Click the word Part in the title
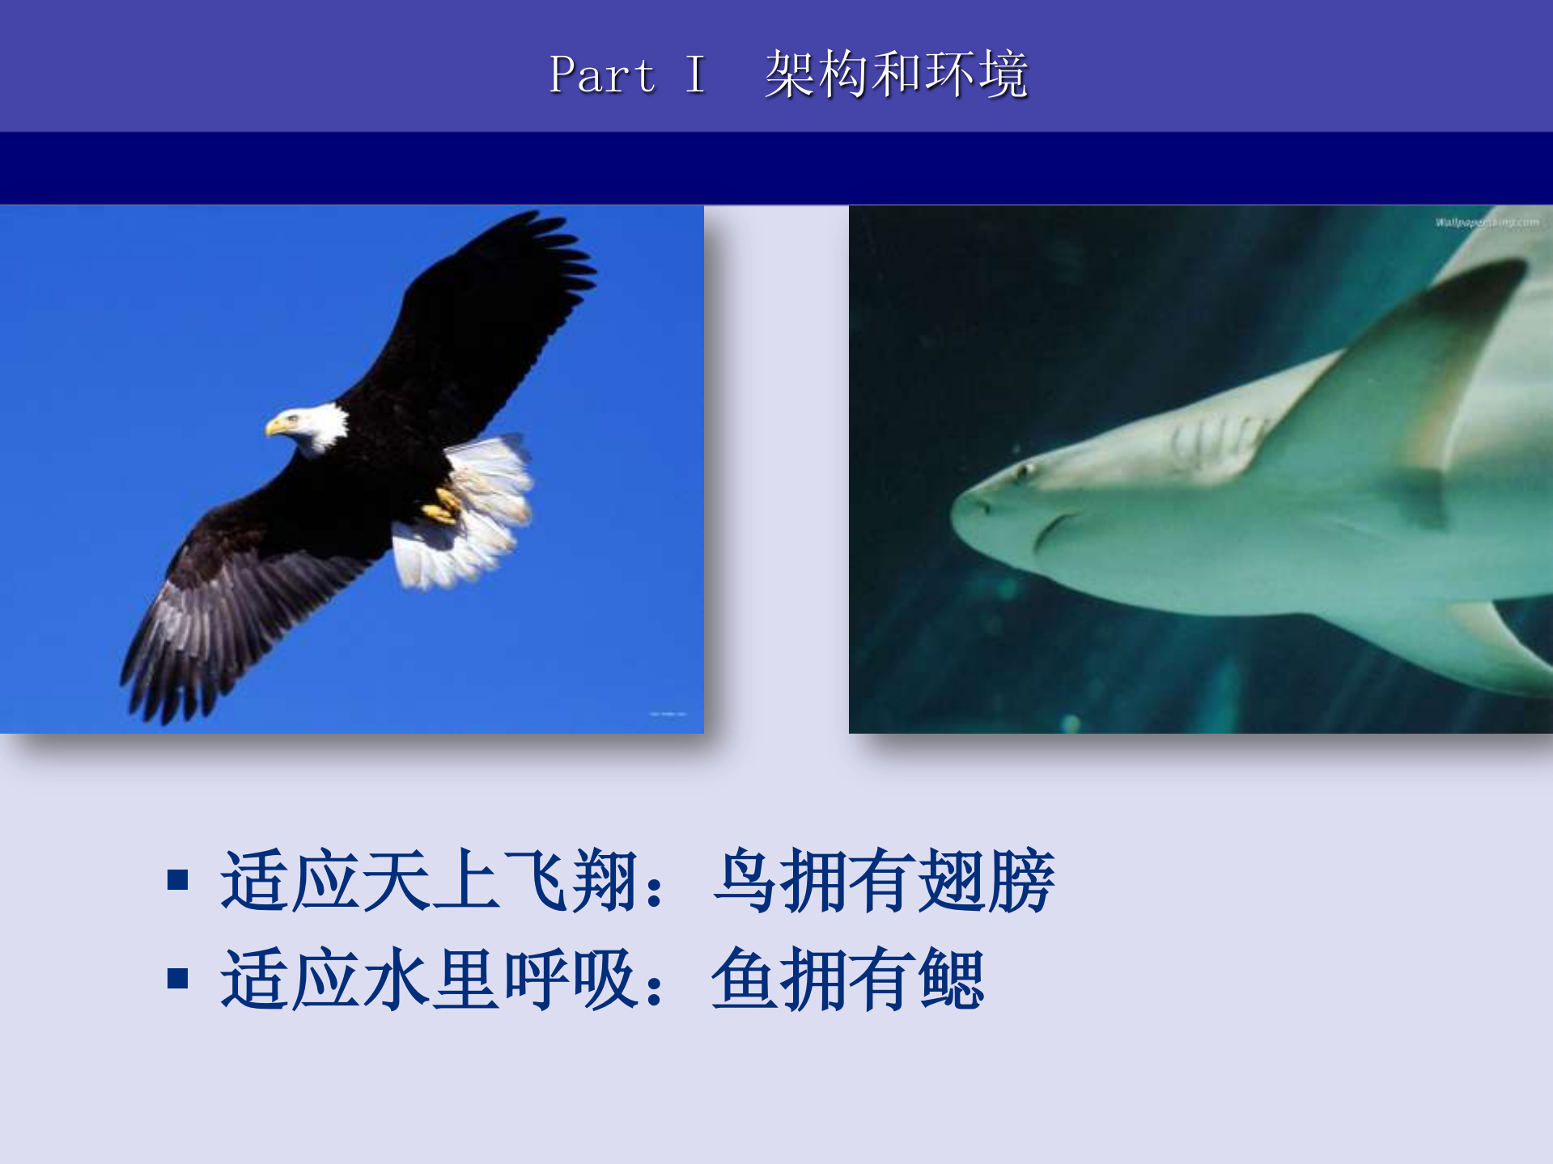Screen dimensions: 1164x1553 [602, 75]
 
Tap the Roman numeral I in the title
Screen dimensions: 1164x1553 [694, 75]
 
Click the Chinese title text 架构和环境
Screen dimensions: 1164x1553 [896, 74]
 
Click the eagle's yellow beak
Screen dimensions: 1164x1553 [275, 425]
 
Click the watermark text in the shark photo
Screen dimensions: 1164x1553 [1487, 222]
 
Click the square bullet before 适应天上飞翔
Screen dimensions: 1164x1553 [178, 879]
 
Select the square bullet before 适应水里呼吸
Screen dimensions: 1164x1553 [178, 979]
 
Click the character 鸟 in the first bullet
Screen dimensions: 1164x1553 [745, 881]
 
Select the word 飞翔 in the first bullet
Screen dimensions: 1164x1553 [569, 881]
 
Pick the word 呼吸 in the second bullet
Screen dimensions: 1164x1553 [569, 980]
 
